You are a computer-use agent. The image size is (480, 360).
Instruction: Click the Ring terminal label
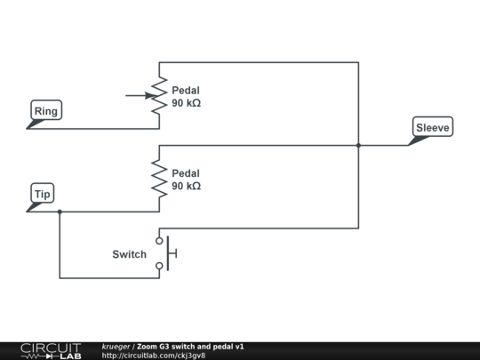point(44,111)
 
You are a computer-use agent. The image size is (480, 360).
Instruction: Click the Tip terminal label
point(43,194)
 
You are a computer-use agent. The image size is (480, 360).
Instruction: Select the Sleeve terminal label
point(433,128)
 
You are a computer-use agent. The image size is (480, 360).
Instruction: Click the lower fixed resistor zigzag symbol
point(159,179)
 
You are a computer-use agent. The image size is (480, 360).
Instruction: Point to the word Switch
point(129,254)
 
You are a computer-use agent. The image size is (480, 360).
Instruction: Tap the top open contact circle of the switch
point(160,241)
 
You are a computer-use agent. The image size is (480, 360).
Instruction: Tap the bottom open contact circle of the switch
point(160,266)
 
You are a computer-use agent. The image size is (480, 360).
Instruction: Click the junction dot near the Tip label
point(60,212)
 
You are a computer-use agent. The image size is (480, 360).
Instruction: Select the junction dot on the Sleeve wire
point(358,145)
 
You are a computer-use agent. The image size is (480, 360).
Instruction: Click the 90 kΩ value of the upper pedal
point(186,103)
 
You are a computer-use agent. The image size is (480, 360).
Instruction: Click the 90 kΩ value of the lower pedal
point(186,186)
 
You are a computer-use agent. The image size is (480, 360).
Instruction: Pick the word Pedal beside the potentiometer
point(186,90)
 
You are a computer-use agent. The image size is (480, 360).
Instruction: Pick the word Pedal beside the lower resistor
point(186,172)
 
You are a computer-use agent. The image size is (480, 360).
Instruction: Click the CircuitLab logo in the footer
point(50,350)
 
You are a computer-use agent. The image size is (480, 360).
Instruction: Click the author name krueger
point(116,346)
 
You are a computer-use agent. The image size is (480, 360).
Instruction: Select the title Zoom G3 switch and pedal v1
point(191,346)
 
